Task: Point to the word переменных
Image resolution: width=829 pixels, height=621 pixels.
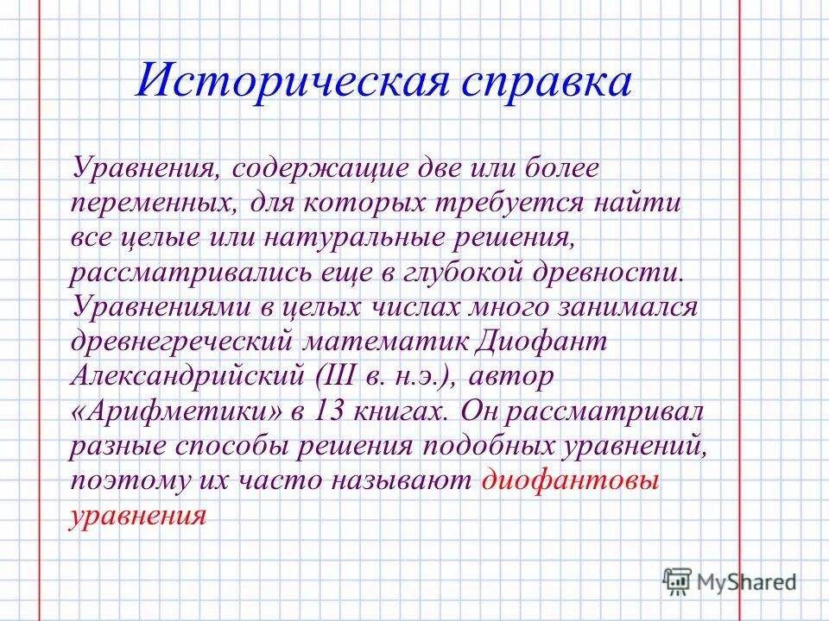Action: coord(152,204)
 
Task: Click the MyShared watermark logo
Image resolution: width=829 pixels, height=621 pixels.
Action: coord(729,581)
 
